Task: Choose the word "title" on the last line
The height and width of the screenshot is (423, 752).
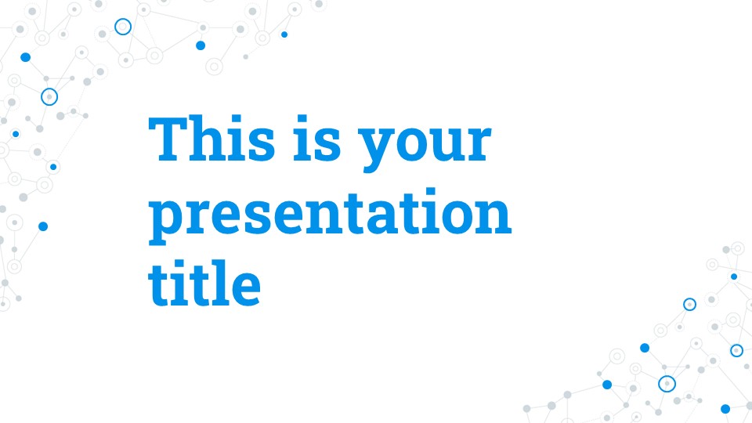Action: click(204, 283)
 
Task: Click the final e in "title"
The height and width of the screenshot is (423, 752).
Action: click(245, 288)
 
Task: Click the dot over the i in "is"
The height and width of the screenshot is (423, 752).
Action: click(302, 120)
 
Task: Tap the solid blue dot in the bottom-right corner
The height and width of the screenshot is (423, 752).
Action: click(725, 409)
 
